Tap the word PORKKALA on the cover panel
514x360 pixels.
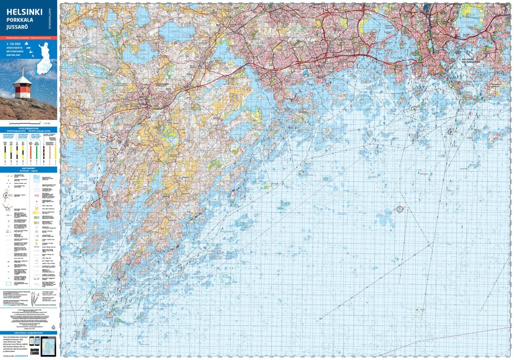[x=21, y=20]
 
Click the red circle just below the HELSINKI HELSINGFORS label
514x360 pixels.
[x=472, y=71]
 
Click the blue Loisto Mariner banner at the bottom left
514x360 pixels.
[x=29, y=332]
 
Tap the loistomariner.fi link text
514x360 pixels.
[x=21, y=355]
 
